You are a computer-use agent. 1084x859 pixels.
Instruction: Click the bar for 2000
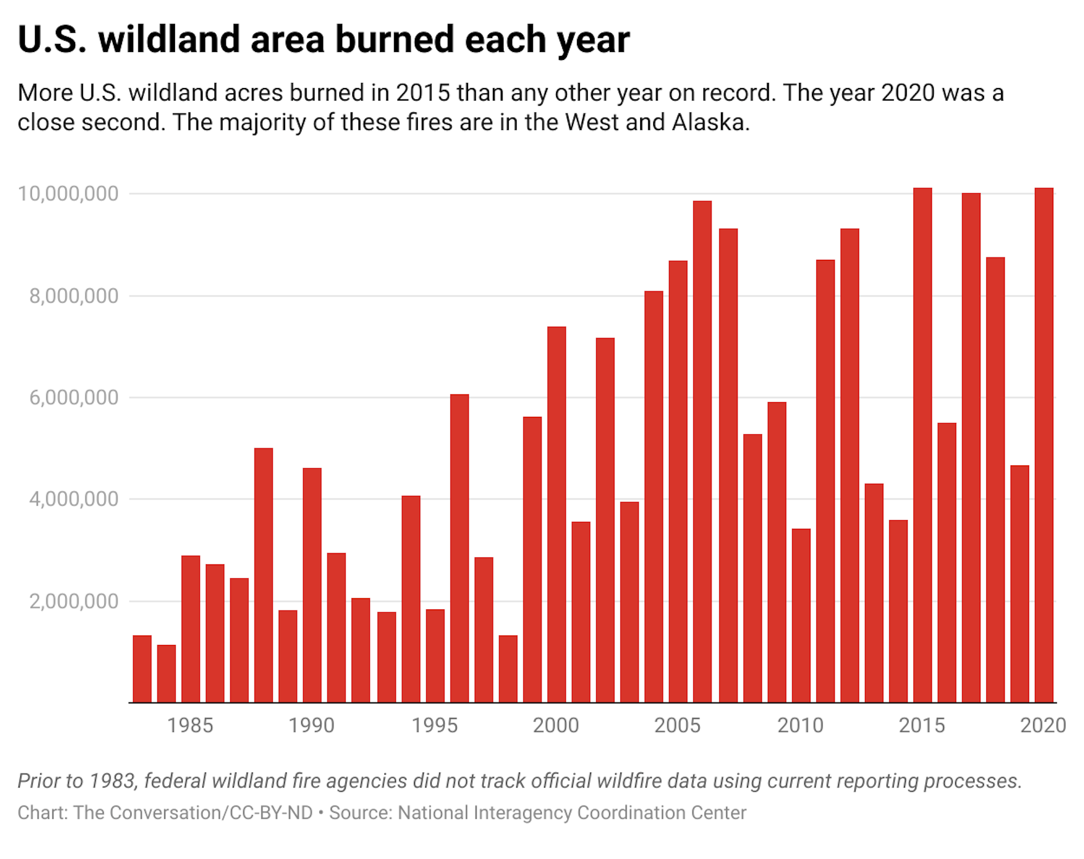pos(556,514)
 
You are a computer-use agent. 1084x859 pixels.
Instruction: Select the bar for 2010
pos(801,616)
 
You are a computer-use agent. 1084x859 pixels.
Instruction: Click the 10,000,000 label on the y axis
pos(68,194)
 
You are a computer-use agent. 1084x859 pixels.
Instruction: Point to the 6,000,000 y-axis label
pos(73,398)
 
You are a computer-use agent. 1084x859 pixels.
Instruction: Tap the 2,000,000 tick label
pos(73,601)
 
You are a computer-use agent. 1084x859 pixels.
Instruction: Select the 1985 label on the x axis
pos(190,725)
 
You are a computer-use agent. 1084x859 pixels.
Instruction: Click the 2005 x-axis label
pos(677,725)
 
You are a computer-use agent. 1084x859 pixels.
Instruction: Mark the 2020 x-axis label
pos(1043,725)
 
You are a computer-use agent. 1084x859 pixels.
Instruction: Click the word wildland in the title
pos(169,40)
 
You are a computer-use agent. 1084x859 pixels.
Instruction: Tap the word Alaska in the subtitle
pos(710,123)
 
